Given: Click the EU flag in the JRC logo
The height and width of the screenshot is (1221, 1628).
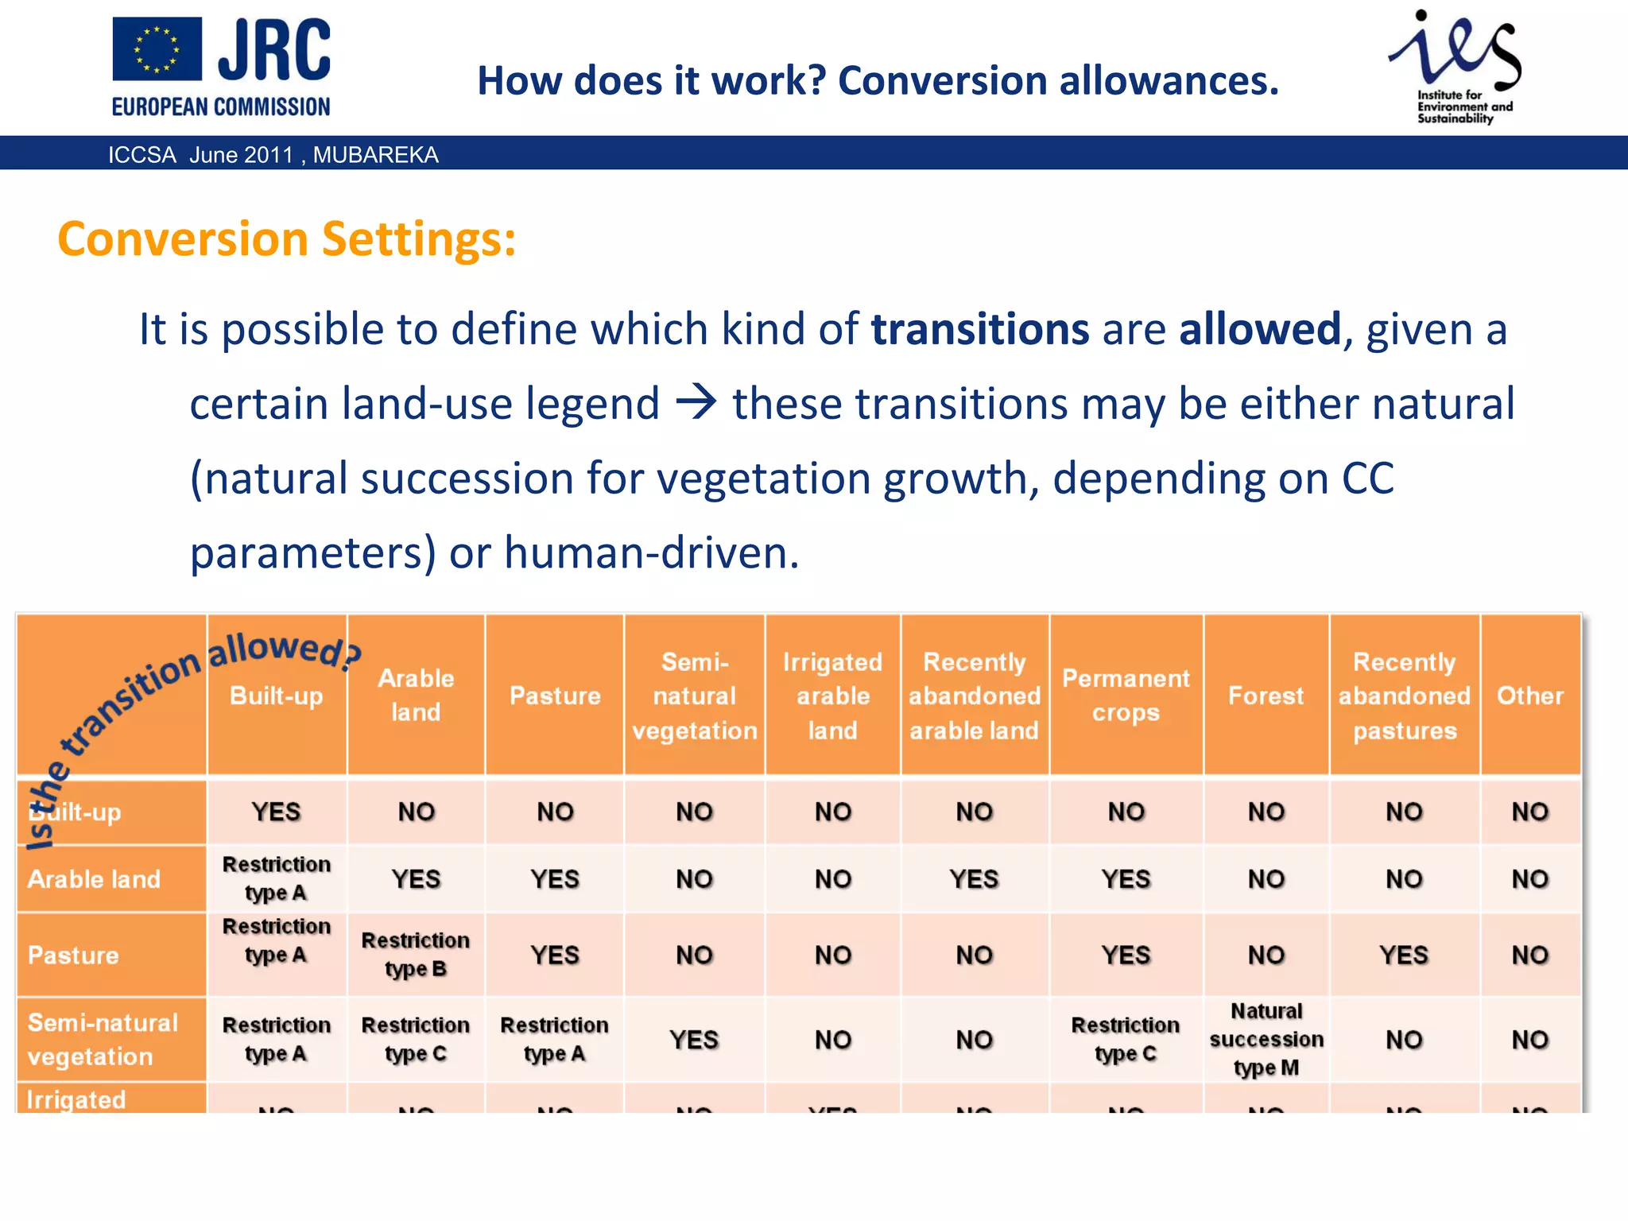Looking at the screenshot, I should point(157,49).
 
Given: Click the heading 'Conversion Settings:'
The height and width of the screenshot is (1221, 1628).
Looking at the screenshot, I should point(286,238).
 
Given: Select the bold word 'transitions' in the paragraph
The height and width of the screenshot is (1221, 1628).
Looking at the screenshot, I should point(979,329).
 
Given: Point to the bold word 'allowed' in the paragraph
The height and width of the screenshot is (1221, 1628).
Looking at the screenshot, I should point(1260,329).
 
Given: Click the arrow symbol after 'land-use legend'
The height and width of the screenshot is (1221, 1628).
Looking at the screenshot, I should point(696,402).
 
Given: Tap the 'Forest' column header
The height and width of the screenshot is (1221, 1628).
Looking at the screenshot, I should point(1266,696).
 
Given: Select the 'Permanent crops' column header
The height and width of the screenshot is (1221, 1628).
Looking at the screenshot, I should point(1126,695).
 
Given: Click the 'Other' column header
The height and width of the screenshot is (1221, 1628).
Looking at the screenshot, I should point(1529,696).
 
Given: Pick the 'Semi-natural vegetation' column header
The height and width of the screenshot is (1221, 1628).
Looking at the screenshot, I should point(694,696).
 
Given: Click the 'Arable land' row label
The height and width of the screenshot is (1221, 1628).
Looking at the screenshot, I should point(94,879).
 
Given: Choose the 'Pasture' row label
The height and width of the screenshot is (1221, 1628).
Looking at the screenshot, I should point(73,955).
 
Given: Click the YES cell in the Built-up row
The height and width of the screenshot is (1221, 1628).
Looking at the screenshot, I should point(276,812).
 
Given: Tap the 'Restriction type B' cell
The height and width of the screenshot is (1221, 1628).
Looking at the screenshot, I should point(415,955).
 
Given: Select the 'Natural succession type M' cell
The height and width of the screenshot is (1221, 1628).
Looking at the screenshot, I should point(1266,1039).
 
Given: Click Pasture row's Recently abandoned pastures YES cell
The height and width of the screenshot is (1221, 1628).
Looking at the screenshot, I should point(1403,955).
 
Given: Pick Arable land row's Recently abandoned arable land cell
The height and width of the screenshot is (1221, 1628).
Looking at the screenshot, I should point(974,879).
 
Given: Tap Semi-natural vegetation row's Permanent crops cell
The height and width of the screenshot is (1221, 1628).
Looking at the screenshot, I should point(1125,1039).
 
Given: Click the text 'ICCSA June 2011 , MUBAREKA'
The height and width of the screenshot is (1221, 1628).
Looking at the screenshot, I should point(273,154).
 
